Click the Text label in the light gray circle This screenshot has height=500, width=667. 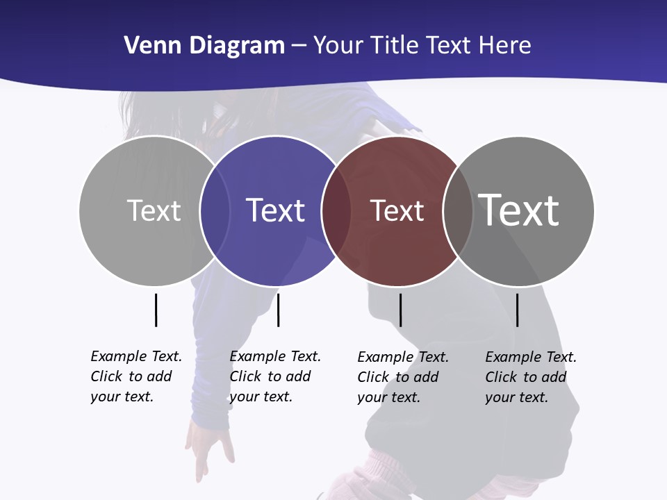pyautogui.click(x=154, y=210)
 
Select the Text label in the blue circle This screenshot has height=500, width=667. pyautogui.click(x=276, y=210)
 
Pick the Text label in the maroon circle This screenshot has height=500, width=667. pyautogui.click(x=397, y=211)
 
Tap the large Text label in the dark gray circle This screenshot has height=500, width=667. pyautogui.click(x=518, y=210)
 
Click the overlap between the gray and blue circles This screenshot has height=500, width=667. pyautogui.click(x=215, y=211)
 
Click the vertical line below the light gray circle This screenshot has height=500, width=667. pyautogui.click(x=156, y=310)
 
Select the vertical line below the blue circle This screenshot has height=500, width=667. pyautogui.click(x=278, y=310)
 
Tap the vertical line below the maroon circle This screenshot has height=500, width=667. pyautogui.click(x=400, y=310)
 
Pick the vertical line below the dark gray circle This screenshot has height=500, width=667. pyautogui.click(x=518, y=310)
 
